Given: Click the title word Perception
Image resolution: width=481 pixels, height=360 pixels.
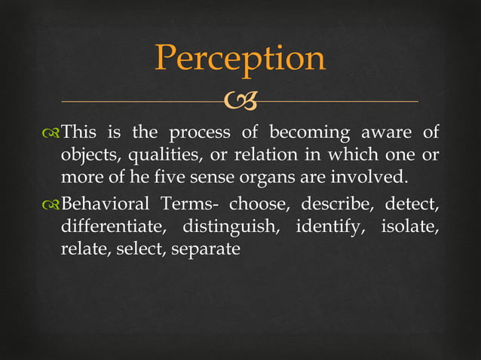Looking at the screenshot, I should (x=240, y=59).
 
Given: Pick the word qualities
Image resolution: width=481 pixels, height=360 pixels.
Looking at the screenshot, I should (x=160, y=157).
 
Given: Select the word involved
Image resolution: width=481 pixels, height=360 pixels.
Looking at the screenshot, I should (x=372, y=178).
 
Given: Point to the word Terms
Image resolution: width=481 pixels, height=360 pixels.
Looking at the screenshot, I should (x=189, y=204).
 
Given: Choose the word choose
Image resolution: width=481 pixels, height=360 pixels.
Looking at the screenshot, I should (x=256, y=204).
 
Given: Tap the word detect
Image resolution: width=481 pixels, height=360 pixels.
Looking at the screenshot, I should (x=412, y=204).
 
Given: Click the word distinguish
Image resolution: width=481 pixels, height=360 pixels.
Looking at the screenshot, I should (x=230, y=226).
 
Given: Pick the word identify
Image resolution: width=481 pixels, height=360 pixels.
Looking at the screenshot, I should (x=328, y=226).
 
